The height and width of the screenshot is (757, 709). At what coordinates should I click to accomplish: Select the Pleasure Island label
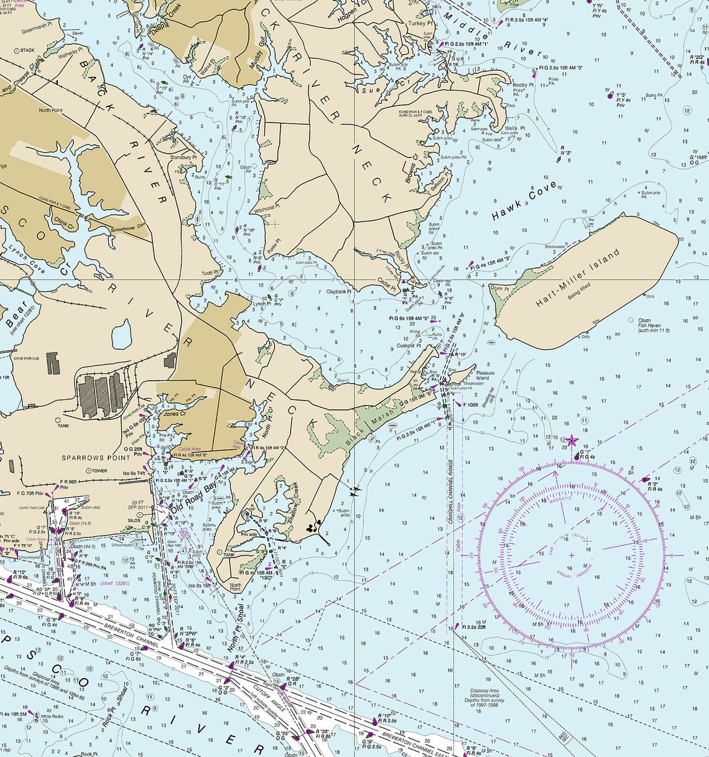pyautogui.click(x=485, y=376)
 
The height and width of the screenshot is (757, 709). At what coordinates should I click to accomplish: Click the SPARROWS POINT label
pyautogui.click(x=96, y=458)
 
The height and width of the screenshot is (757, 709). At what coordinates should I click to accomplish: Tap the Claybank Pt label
pyautogui.click(x=339, y=291)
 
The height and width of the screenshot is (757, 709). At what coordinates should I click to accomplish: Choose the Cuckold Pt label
pyautogui.click(x=409, y=346)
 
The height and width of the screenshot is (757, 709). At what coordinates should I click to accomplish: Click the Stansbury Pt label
pyautogui.click(x=183, y=157)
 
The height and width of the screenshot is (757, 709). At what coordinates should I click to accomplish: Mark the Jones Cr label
pyautogui.click(x=174, y=414)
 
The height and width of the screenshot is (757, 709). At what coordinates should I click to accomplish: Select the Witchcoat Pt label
pyautogui.click(x=266, y=206)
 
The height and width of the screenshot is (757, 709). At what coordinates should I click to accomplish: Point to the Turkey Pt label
pyautogui.click(x=420, y=24)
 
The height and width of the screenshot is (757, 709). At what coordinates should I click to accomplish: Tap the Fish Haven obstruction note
pyautogui.click(x=653, y=325)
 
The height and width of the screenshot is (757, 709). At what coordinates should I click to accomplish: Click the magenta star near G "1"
pyautogui.click(x=572, y=442)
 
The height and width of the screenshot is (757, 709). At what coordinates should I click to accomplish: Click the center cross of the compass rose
pyautogui.click(x=572, y=555)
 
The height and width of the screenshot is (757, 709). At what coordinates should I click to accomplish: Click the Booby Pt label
pyautogui.click(x=523, y=85)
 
